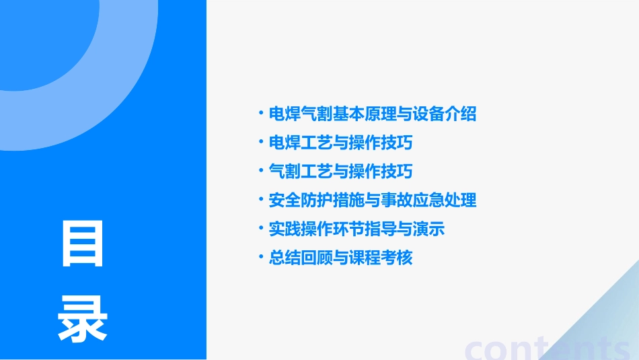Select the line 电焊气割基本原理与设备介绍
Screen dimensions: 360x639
point(372,114)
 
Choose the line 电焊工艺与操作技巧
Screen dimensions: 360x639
point(340,143)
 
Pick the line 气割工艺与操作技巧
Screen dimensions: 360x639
point(340,172)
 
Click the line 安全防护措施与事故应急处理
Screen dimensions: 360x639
point(372,201)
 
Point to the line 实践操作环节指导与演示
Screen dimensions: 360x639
point(356,229)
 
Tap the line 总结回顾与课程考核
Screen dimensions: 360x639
point(340,258)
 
